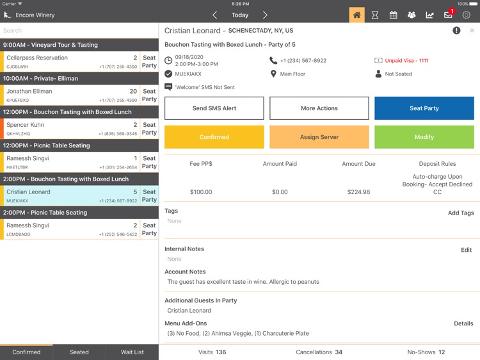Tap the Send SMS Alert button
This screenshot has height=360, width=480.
click(x=214, y=108)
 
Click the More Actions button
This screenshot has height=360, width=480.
click(x=319, y=108)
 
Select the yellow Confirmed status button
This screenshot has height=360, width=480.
click(x=214, y=137)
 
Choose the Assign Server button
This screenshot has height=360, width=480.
click(x=319, y=137)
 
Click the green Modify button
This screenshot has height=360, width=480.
click(x=424, y=137)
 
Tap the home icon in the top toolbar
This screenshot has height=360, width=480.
click(x=356, y=15)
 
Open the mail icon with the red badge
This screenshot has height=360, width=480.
click(x=448, y=15)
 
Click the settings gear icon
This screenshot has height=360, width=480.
click(x=467, y=15)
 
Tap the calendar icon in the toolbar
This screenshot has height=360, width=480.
click(x=394, y=15)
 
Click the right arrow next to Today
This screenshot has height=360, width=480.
click(x=265, y=15)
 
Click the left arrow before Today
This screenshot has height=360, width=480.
click(x=214, y=15)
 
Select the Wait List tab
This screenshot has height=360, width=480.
click(x=132, y=352)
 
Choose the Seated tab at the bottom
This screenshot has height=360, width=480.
click(x=79, y=352)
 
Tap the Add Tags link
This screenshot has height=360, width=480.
click(x=460, y=213)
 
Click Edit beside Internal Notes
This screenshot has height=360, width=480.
click(x=466, y=250)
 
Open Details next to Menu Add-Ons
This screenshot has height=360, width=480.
click(x=463, y=323)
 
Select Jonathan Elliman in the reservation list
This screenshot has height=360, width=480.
click(x=29, y=92)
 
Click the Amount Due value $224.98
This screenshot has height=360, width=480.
click(x=358, y=192)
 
